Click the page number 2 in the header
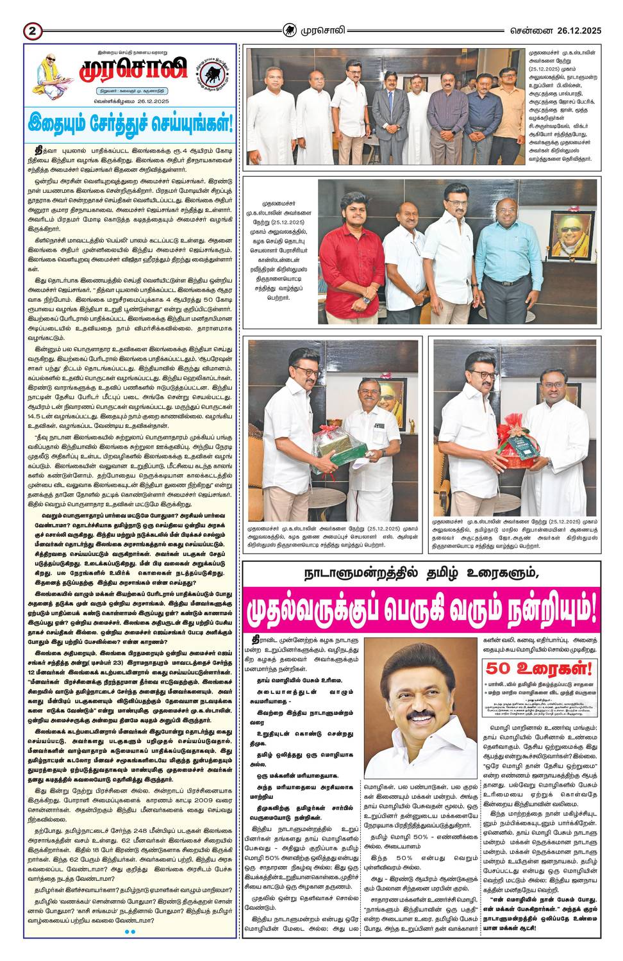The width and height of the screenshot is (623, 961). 32,30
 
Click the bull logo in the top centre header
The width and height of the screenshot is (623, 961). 291,29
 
